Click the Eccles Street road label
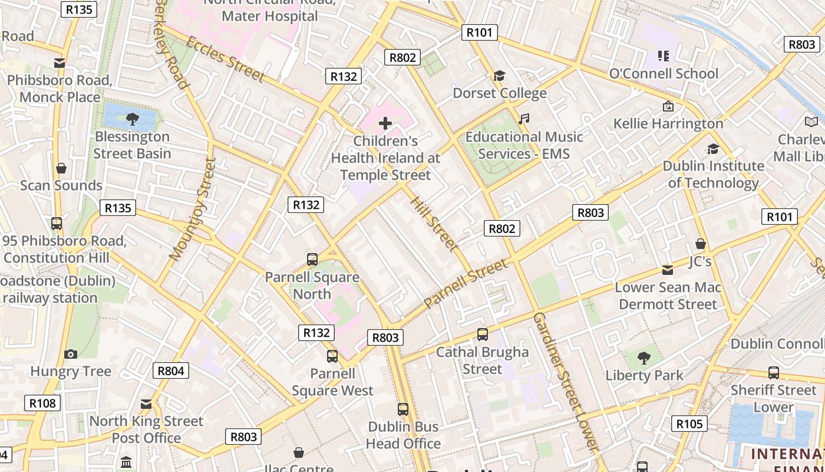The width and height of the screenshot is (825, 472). (225, 58)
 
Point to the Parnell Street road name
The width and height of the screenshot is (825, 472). (466, 283)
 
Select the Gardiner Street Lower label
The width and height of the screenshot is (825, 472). (566, 382)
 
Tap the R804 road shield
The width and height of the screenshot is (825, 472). (171, 371)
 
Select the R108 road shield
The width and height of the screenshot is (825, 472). (42, 403)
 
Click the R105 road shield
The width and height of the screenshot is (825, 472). (689, 423)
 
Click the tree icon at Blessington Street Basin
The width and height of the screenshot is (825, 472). (133, 119)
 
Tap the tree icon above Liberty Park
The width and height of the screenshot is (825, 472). (644, 358)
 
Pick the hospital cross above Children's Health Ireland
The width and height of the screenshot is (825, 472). (385, 123)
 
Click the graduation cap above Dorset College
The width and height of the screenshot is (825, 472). (499, 76)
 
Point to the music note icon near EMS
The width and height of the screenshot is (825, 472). (523, 119)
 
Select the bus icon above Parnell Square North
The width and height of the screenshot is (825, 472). (312, 259)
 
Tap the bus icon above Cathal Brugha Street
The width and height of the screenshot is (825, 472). (482, 335)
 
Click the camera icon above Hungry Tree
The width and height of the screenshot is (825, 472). (71, 354)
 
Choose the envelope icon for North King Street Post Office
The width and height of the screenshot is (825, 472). (146, 404)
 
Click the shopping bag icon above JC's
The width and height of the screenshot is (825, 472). (701, 244)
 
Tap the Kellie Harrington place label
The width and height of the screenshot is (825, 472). (668, 123)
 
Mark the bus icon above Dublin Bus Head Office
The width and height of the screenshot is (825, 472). (403, 409)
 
